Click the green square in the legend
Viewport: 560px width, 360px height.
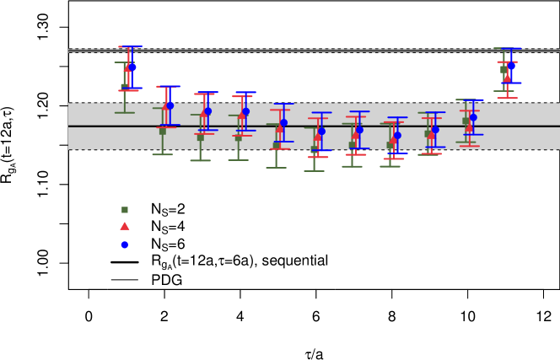point(125,210)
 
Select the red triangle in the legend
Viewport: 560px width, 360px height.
point(125,226)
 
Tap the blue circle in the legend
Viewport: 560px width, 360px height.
point(125,244)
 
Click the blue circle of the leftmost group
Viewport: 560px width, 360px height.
point(132,67)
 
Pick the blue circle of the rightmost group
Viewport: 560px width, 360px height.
point(511,66)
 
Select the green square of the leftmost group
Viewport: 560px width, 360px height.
point(125,86)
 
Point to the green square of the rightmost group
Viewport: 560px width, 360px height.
point(503,70)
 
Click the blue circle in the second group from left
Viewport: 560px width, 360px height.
point(170,105)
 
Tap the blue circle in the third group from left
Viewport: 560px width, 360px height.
point(207,110)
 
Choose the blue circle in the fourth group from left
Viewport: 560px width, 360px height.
point(245,111)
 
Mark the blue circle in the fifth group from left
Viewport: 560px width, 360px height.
point(283,122)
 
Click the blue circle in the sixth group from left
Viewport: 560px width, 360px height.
point(321,131)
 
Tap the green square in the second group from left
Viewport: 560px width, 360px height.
point(163,132)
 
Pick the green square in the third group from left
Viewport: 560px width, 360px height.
point(201,137)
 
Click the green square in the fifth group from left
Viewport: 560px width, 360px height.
point(277,146)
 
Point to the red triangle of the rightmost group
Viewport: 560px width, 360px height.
point(507,78)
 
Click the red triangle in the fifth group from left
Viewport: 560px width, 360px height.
point(280,129)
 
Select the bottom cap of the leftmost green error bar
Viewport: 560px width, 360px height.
point(125,112)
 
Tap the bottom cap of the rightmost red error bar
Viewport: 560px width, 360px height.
point(507,98)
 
